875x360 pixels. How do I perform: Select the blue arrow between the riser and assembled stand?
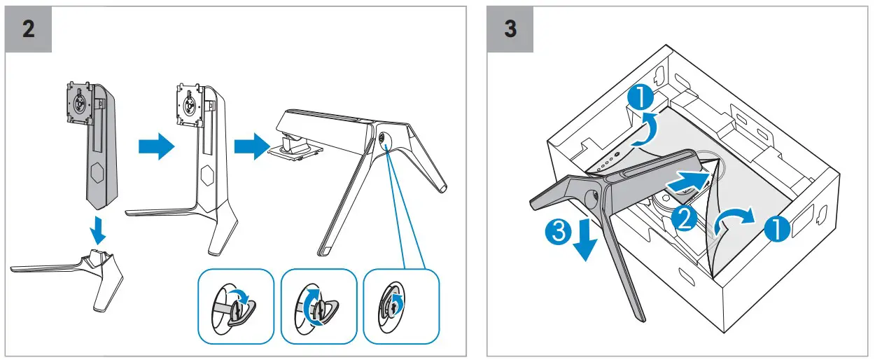point(155,148)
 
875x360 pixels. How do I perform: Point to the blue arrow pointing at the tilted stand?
point(250,148)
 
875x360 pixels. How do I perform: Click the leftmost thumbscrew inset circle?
point(236,307)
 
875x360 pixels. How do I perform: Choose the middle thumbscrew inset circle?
point(318,307)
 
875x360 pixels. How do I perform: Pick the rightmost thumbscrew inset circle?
point(400,307)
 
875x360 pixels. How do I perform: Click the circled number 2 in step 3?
point(684,219)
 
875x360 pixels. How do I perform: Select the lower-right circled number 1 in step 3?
point(776,228)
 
